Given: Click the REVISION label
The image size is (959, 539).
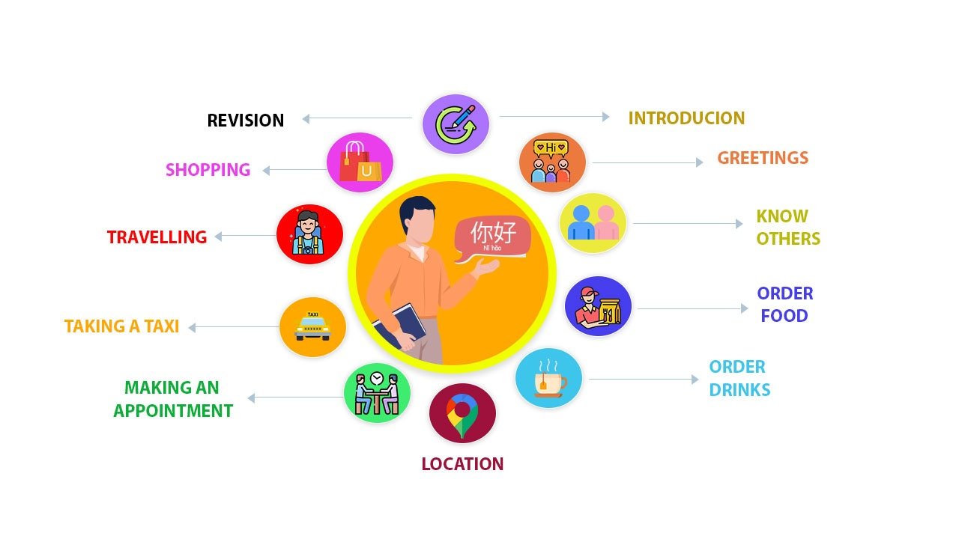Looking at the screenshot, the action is pos(245,121).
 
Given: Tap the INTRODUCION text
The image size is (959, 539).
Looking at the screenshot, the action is pos(686,118).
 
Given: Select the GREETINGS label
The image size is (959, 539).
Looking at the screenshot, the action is pos(763,158).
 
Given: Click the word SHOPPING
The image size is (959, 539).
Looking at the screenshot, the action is pos(208,170).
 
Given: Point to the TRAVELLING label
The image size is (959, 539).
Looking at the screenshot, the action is pos(157,237).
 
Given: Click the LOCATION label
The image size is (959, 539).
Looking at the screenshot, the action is pos(462,464).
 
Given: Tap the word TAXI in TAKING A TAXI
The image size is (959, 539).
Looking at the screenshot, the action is pos(161,326).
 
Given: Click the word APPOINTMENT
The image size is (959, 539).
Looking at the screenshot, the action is pos(173,411).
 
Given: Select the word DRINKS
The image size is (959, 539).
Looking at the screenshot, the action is pos(739,390).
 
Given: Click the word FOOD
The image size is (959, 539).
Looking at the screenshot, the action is pos(784,316).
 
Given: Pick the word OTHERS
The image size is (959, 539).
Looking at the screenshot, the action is pos(788,239).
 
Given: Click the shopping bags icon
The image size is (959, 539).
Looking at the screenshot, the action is pos(360,162).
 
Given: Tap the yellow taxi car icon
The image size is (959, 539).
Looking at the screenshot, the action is pos(312,327).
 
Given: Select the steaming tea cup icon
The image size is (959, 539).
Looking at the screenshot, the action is pos(549,379).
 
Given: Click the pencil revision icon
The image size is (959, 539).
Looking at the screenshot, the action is pos(456,124).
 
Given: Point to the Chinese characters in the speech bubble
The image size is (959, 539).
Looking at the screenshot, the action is pos(493,233).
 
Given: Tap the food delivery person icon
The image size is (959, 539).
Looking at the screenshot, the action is pos(598,307).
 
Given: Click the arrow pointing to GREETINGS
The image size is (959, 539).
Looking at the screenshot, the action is pos(648,162).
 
